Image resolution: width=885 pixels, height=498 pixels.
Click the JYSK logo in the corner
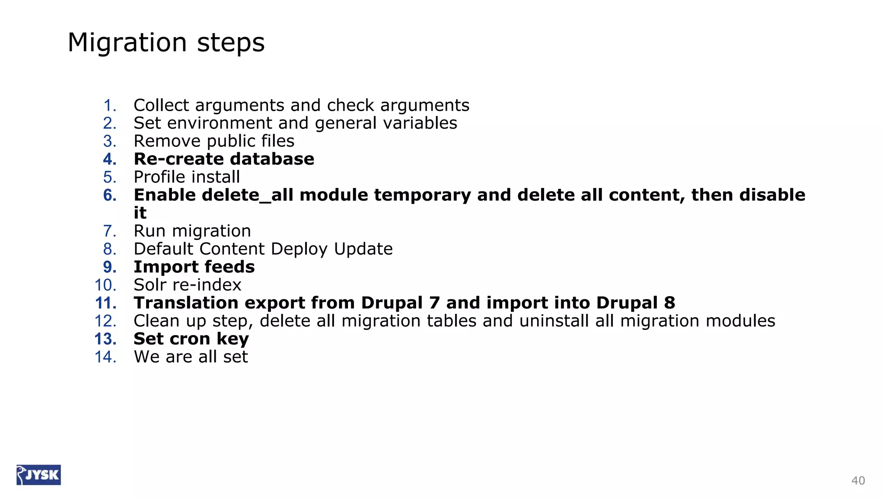[38, 475]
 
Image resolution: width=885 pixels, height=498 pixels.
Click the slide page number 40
[858, 481]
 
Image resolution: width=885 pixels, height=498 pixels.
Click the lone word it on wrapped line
[140, 213]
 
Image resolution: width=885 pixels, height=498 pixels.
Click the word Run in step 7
[150, 231]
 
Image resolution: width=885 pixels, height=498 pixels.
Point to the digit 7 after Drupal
[434, 303]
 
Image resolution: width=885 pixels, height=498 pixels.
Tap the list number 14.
[105, 357]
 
